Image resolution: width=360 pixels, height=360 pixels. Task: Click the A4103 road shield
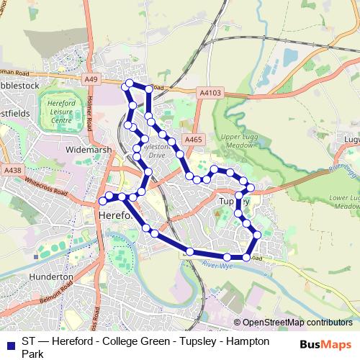(x=209, y=92)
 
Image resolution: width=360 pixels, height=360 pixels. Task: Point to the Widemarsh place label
(x=86, y=150)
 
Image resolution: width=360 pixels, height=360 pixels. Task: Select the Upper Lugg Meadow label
(x=239, y=140)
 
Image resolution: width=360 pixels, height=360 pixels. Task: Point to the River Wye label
(x=218, y=266)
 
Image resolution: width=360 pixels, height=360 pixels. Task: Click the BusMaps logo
(x=325, y=344)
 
